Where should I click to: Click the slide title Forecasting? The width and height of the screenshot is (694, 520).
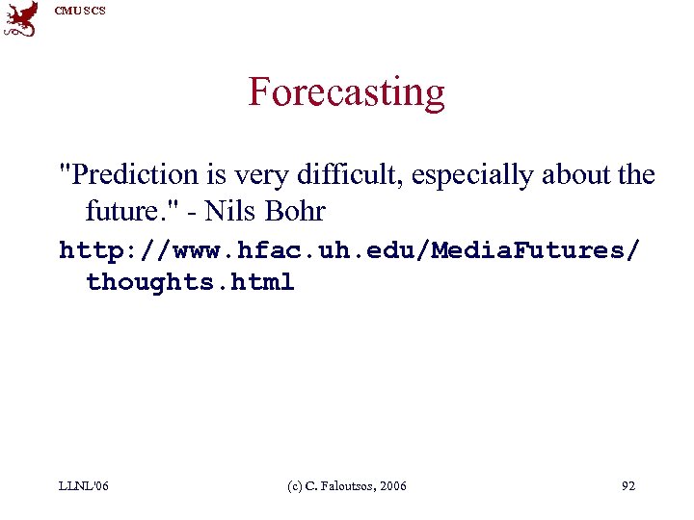pyautogui.click(x=347, y=92)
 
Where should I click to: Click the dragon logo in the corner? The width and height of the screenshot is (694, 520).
pyautogui.click(x=21, y=18)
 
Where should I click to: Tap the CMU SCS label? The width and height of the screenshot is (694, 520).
pyautogui.click(x=80, y=11)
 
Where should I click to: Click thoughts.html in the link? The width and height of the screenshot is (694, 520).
pyautogui.click(x=190, y=283)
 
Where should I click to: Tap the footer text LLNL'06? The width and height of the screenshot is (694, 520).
pyautogui.click(x=84, y=486)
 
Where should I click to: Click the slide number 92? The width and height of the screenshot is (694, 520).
pyautogui.click(x=627, y=486)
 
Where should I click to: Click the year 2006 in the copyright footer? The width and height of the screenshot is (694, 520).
pyautogui.click(x=392, y=486)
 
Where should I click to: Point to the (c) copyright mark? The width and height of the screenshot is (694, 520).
pyautogui.click(x=296, y=486)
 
